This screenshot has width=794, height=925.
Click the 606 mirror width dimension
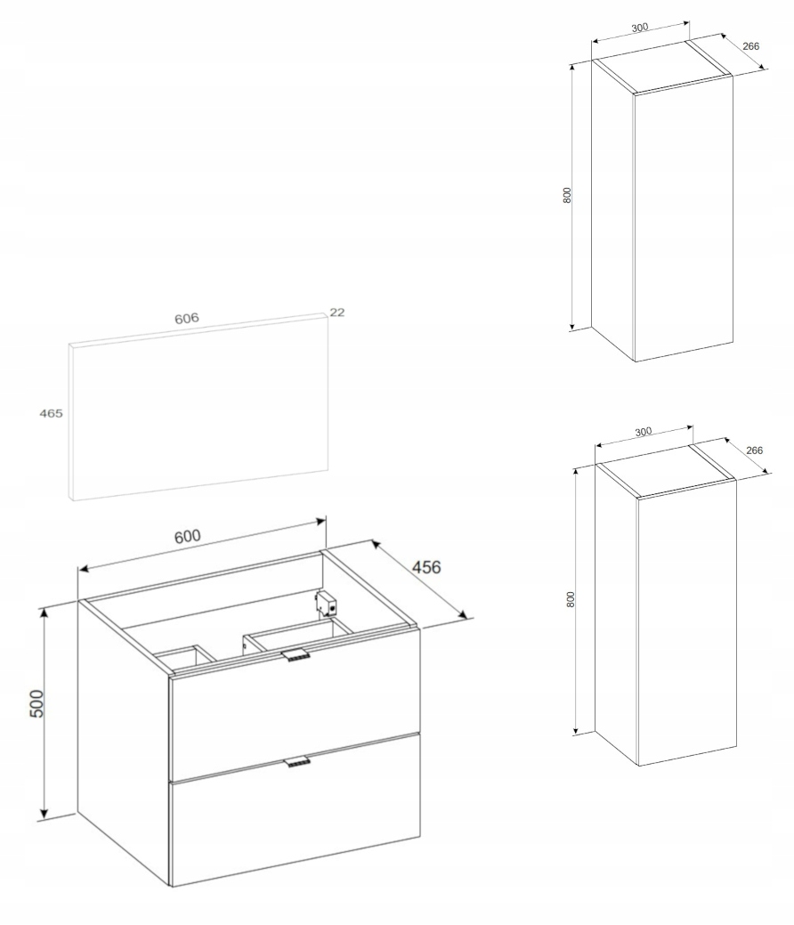[x=186, y=319]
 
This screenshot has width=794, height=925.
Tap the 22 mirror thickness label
[x=336, y=312]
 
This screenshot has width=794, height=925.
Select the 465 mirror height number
[x=51, y=414]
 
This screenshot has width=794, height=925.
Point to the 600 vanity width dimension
[x=188, y=536]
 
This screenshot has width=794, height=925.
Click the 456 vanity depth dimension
[x=425, y=567]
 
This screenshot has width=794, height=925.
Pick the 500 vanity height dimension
[x=36, y=702]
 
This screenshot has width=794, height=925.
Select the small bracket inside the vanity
[x=326, y=603]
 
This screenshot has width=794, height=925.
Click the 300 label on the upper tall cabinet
[x=639, y=27]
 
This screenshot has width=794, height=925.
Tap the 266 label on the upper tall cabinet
[x=750, y=46]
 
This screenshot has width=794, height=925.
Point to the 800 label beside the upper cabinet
[x=567, y=195]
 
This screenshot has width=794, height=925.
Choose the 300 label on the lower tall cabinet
[x=643, y=431]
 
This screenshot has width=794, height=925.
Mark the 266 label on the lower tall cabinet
[x=754, y=450]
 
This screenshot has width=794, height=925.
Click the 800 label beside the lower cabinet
[x=570, y=599]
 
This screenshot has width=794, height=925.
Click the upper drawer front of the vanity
[x=296, y=708]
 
